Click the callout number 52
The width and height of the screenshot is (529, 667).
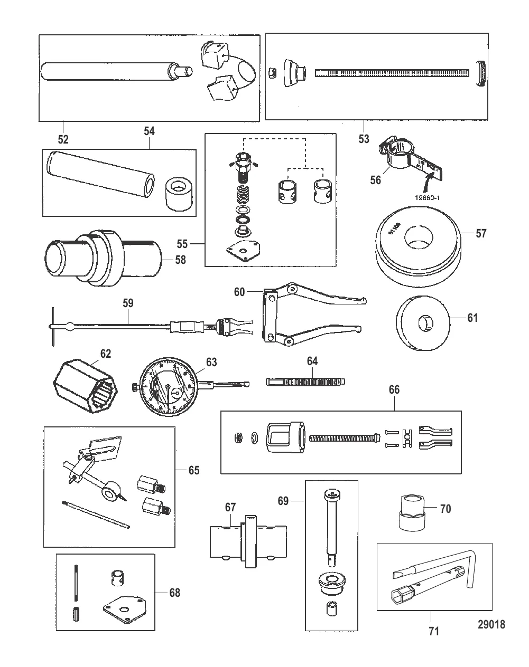(63, 139)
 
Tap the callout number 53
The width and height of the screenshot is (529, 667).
(364, 139)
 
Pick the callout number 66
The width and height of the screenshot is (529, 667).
(394, 390)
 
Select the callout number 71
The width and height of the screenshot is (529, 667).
(434, 630)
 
